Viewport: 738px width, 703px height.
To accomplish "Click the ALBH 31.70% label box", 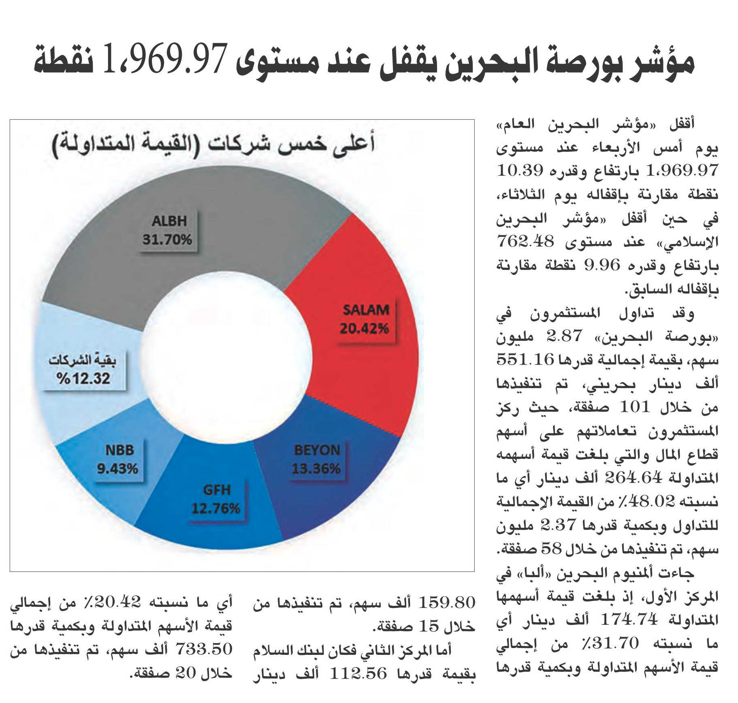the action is (167, 231).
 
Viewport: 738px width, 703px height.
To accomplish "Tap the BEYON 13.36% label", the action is (316, 460).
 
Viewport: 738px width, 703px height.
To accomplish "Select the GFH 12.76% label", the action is (216, 499).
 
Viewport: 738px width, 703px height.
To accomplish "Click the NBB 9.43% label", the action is (117, 460).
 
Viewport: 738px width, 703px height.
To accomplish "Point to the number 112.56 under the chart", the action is (358, 673).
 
